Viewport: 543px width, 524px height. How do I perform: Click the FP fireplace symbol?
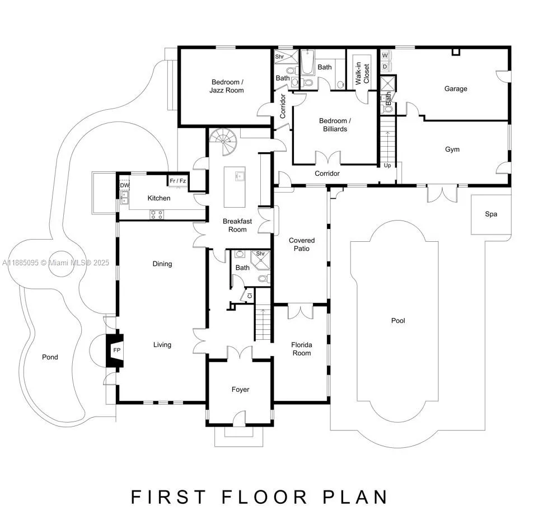click(116, 350)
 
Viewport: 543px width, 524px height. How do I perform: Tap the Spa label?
click(491, 214)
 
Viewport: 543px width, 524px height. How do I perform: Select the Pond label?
click(50, 357)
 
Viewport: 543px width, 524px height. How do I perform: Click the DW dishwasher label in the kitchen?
click(124, 185)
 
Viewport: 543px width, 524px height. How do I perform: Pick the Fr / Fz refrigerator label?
click(179, 181)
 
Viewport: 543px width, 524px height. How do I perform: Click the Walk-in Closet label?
click(362, 71)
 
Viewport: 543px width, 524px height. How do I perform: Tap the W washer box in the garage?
click(385, 55)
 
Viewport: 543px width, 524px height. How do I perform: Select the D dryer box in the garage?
click(385, 66)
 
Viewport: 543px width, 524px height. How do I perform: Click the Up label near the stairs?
click(387, 166)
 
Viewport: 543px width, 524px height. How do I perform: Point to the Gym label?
click(452, 149)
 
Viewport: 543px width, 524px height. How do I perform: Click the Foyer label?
click(240, 390)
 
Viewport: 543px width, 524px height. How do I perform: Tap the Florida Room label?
click(301, 349)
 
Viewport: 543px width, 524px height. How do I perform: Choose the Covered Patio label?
click(302, 244)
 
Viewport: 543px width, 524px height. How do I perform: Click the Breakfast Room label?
click(237, 225)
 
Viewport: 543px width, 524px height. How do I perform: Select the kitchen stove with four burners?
click(157, 213)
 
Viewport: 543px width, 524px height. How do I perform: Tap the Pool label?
click(398, 321)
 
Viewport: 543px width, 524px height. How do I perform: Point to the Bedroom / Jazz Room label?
click(227, 86)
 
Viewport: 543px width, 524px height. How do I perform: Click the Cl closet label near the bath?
click(249, 296)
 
